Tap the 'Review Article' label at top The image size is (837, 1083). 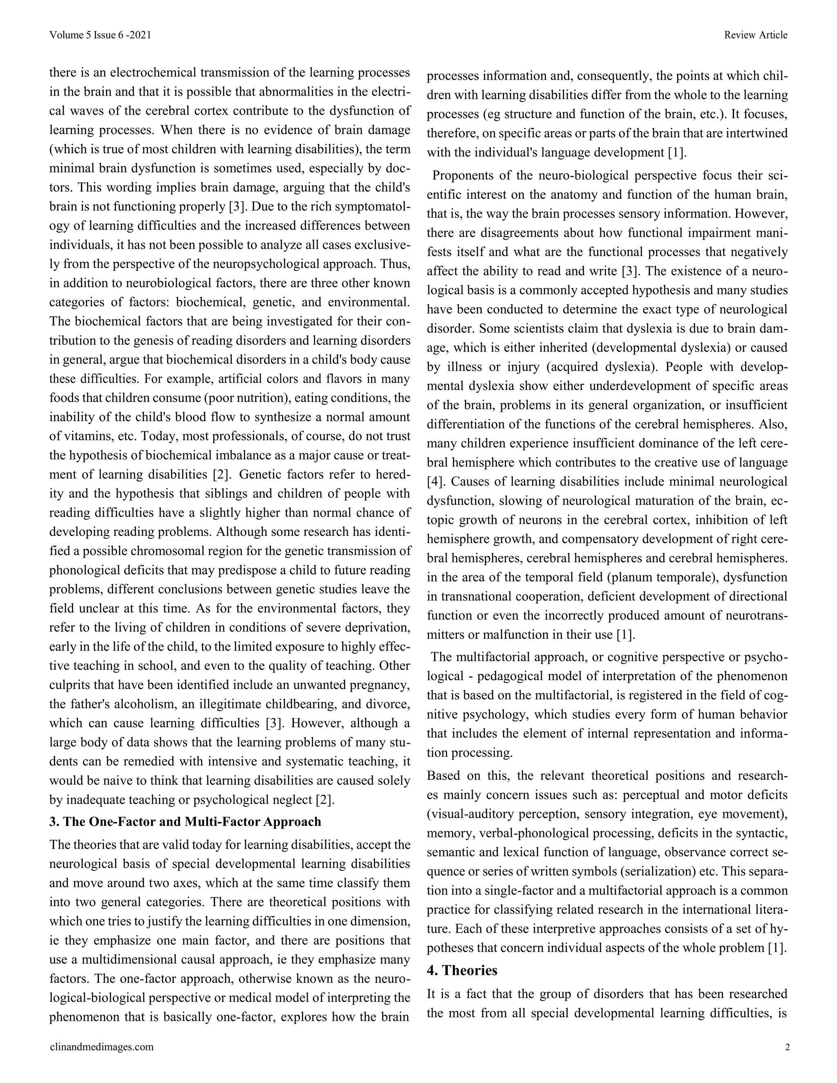pos(755,35)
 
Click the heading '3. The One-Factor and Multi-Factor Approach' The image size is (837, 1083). pos(185,822)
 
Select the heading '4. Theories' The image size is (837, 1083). pos(462,971)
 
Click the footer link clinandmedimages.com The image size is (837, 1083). pos(102,1047)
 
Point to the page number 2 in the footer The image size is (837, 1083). pos(787,1047)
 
